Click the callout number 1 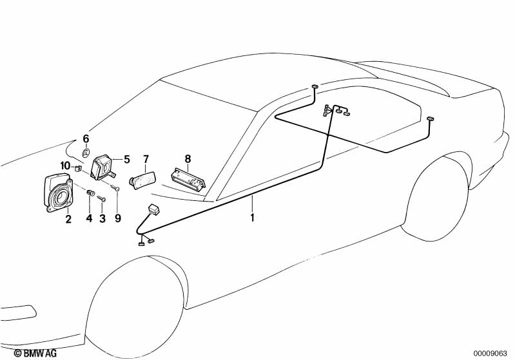[252, 218]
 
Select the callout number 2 [68, 219]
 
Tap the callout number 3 [102, 218]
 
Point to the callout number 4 [90, 218]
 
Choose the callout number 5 [127, 160]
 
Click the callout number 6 [86, 139]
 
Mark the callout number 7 [146, 160]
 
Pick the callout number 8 [188, 159]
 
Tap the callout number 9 [118, 218]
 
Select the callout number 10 [65, 166]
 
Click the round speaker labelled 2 [58, 193]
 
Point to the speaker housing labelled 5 [102, 167]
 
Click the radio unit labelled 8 [188, 179]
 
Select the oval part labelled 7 [142, 180]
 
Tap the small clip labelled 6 [85, 153]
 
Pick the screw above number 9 [115, 187]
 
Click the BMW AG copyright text [35, 353]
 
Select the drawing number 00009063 [491, 354]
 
